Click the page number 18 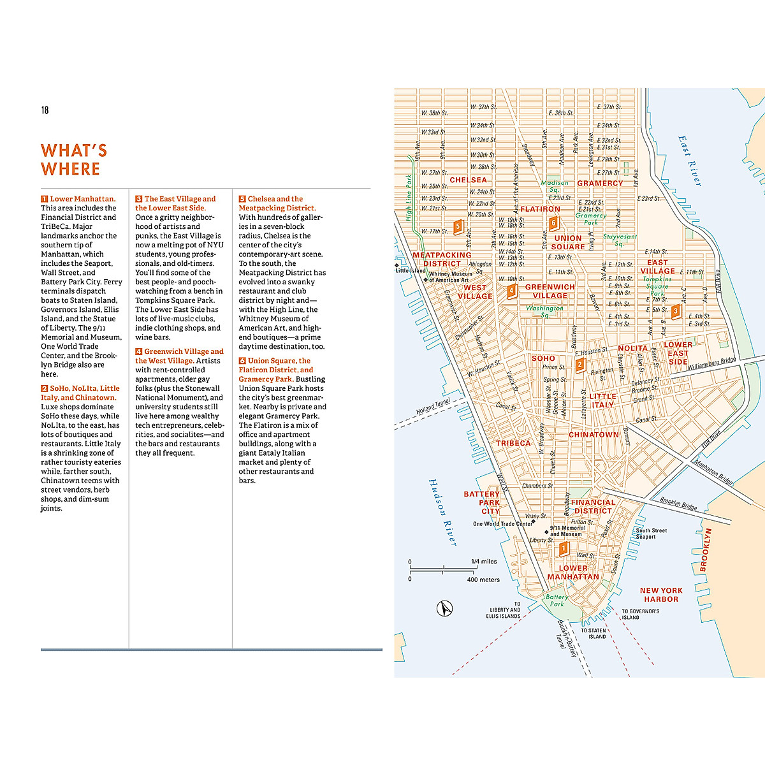[x=45, y=110]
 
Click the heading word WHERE [x=70, y=170]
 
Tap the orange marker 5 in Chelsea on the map [x=457, y=226]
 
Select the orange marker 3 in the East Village [x=676, y=311]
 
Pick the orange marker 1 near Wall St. [x=563, y=548]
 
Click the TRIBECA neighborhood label [x=513, y=443]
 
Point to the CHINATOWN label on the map [x=594, y=435]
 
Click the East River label [x=690, y=161]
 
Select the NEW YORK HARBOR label [x=661, y=595]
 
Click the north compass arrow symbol [x=444, y=608]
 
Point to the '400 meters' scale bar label [x=483, y=579]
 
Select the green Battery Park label [x=557, y=601]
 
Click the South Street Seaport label [x=651, y=534]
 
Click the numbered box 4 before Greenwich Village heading [x=138, y=351]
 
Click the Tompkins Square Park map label [x=657, y=286]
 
